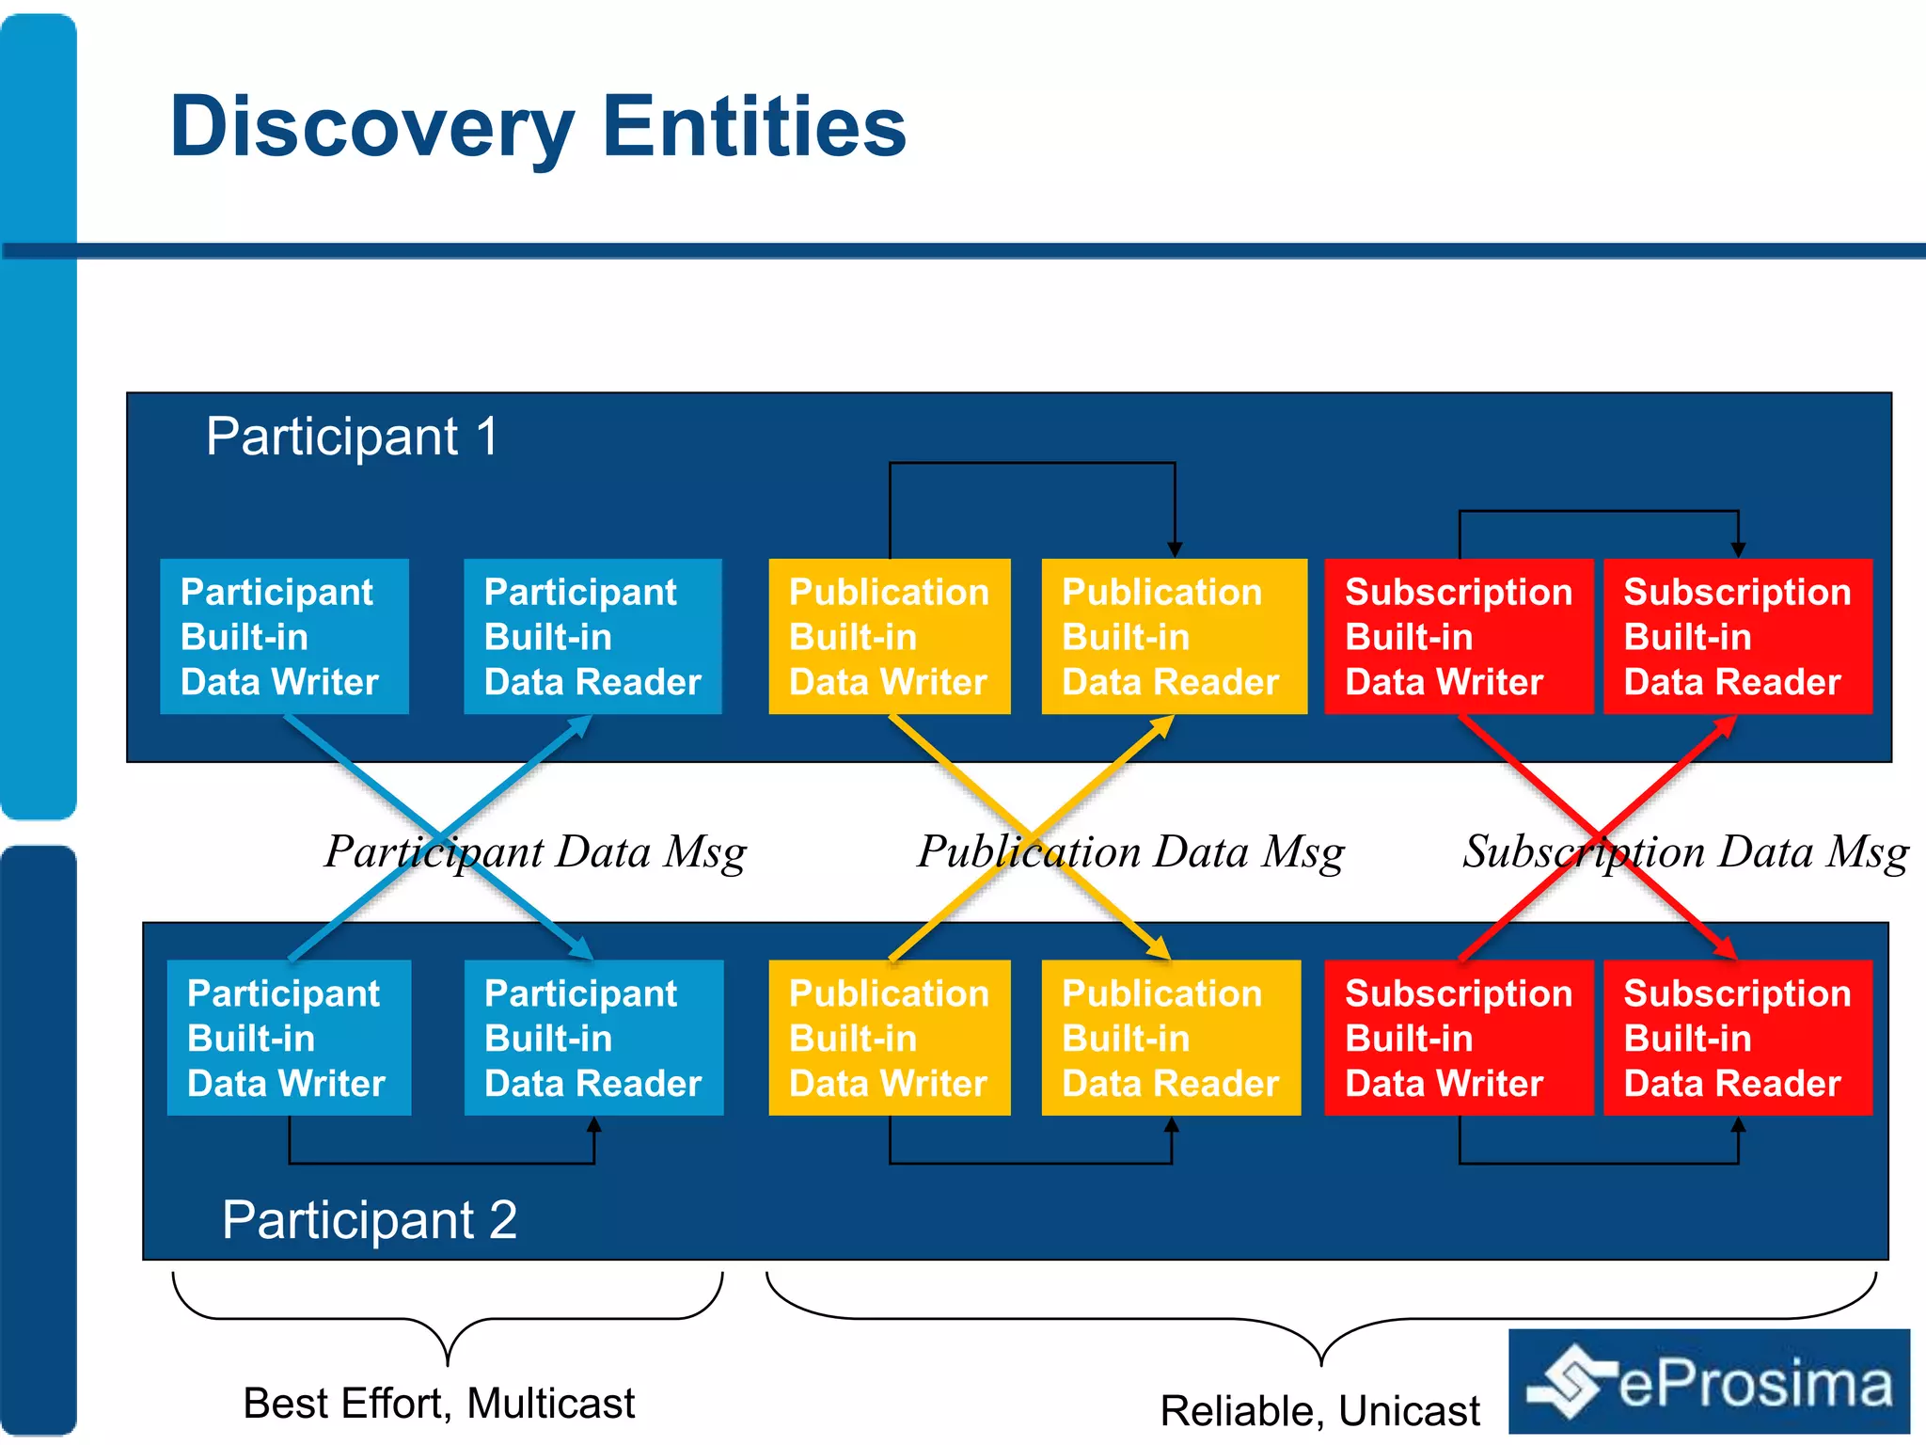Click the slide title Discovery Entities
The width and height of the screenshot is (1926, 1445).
click(x=538, y=127)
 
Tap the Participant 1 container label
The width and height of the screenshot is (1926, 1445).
click(x=352, y=437)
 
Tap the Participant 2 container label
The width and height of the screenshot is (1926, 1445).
click(x=370, y=1220)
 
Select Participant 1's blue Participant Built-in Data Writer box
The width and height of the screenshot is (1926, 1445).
click(x=284, y=637)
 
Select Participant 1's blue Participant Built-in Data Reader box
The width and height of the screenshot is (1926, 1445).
click(x=592, y=637)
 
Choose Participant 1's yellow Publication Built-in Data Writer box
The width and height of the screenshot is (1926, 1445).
click(x=889, y=637)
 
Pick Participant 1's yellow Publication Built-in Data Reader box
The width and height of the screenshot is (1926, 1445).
click(x=1174, y=637)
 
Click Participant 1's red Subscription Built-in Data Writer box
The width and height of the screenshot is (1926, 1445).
click(x=1458, y=637)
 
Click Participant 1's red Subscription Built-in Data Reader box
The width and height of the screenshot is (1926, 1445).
click(x=1737, y=637)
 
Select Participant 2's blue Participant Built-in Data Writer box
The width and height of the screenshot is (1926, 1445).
click(x=289, y=1038)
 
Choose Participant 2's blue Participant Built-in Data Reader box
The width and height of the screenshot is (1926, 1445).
click(x=593, y=1038)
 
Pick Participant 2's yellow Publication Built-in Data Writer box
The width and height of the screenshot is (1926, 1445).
click(x=889, y=1038)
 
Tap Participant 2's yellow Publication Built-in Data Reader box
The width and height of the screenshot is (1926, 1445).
click(x=1171, y=1038)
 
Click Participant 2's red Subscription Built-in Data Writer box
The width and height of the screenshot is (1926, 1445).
click(x=1458, y=1038)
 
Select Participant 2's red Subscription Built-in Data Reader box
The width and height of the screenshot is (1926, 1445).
click(x=1737, y=1038)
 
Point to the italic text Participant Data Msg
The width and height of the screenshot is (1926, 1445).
click(x=535, y=852)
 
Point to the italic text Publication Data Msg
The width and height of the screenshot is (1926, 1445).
click(x=1130, y=852)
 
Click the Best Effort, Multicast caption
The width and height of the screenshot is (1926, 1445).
click(x=438, y=1403)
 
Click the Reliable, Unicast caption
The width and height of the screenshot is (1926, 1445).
click(x=1319, y=1410)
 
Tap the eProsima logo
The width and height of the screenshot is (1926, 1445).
click(x=1709, y=1382)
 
